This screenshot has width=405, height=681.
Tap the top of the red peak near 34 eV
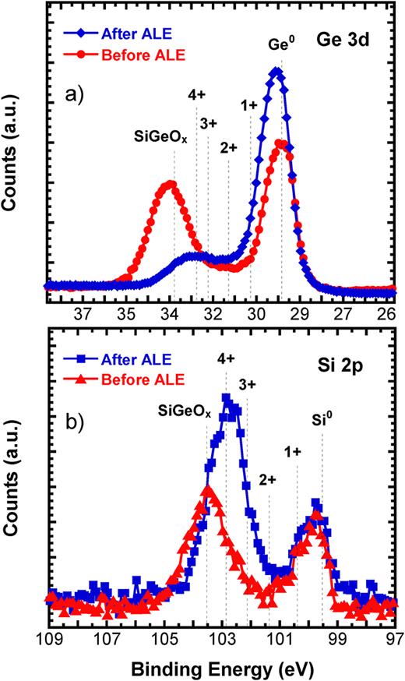[x=170, y=184]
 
